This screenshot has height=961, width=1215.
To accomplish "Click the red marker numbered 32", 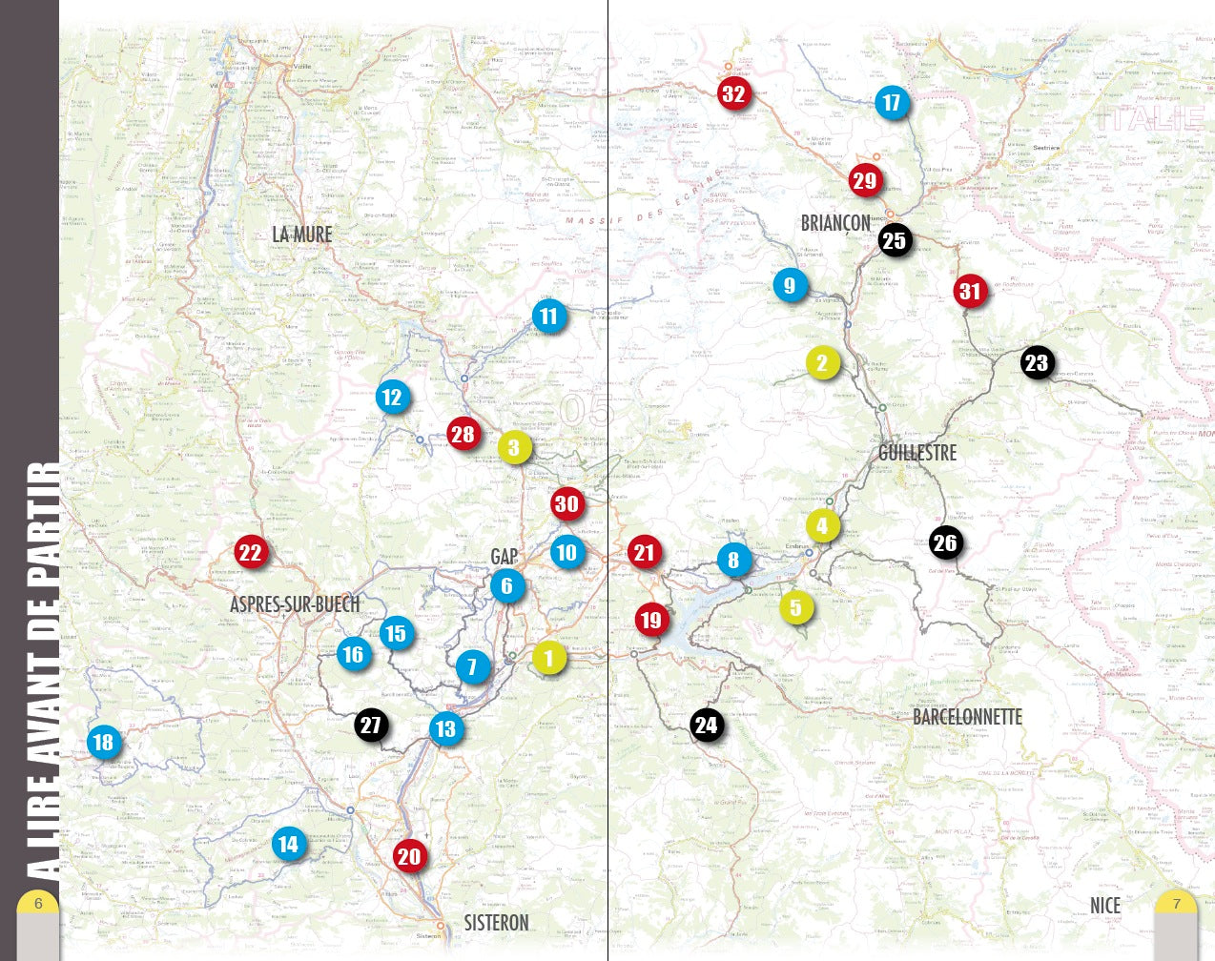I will coord(732,93).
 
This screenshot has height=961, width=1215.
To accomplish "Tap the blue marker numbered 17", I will coord(891,103).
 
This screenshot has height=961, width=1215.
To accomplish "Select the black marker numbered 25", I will coord(894,240).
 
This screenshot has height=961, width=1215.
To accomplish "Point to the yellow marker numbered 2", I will coord(822,362).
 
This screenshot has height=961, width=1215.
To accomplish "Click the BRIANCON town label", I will coord(835,223).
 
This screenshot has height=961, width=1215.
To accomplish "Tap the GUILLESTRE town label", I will coord(916,453).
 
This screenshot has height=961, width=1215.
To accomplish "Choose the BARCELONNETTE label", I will coord(967,717).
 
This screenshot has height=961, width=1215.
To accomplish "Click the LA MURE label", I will coord(302,235).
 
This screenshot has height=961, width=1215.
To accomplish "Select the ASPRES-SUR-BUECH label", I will coord(295,604).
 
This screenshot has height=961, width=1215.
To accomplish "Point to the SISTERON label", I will coord(496,923).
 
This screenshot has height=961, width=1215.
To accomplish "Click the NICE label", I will coord(1105,905).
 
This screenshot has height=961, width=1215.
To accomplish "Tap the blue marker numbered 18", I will coord(103,742).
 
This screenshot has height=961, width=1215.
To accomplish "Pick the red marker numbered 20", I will coord(408,856).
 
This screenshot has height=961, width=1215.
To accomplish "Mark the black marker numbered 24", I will coord(706,726).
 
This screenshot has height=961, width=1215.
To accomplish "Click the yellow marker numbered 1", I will coord(548,658).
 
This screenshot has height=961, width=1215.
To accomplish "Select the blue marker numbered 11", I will coord(548,317).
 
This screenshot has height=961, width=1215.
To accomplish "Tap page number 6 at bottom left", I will coord(38,904).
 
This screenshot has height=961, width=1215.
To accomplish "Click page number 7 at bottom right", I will coord(1176,904).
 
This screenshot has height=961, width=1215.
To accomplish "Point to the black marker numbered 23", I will coord(1036,362).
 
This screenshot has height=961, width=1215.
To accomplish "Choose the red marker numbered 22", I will coord(250,552).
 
